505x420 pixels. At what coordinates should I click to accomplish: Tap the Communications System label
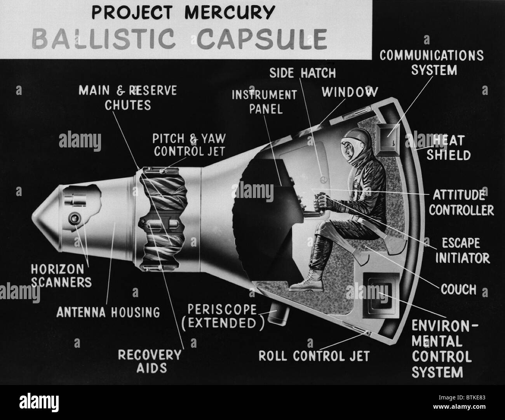coord(431,63)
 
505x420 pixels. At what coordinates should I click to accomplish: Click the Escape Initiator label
coord(461,251)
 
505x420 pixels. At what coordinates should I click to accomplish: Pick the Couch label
coord(458,289)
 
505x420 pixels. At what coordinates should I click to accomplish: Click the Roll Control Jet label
coord(314,356)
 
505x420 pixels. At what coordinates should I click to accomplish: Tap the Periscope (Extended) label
coord(222,316)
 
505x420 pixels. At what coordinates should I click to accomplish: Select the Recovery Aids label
coord(149,361)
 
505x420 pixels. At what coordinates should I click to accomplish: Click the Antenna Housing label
coord(108,311)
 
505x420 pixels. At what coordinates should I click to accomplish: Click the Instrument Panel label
coord(264,101)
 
